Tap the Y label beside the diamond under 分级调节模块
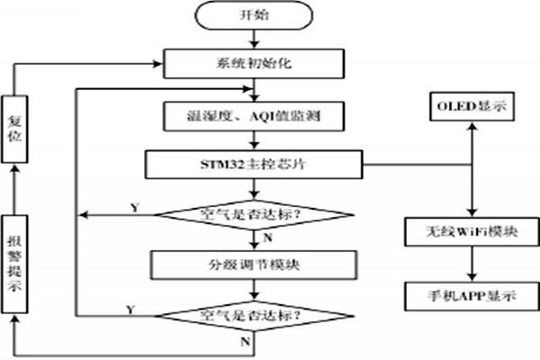pos(133,308)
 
